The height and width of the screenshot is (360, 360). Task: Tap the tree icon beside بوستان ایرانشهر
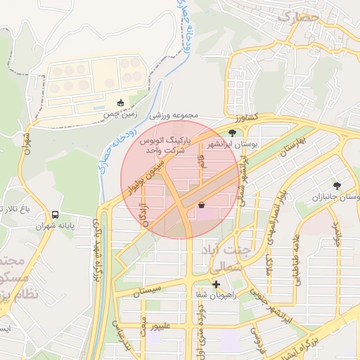click(x=233, y=132)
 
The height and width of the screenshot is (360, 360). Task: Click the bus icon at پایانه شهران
click(x=56, y=214)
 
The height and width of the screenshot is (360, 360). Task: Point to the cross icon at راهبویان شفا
click(x=217, y=285)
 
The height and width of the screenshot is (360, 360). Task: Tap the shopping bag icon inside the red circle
click(x=202, y=205)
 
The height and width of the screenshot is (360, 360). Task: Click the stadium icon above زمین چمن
click(x=120, y=103)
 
